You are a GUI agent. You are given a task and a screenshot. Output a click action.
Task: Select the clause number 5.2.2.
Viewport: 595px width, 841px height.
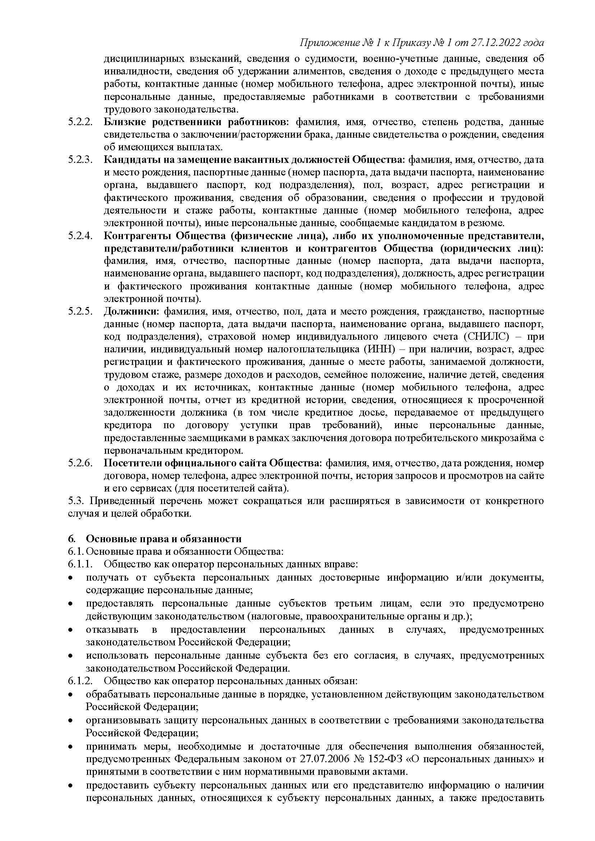click(x=79, y=122)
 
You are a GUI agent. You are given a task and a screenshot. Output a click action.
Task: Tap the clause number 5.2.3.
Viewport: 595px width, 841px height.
click(x=79, y=160)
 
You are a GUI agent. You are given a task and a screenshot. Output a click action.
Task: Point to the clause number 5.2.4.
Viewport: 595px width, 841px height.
click(x=79, y=236)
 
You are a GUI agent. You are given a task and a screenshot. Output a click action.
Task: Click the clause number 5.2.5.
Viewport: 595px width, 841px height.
click(x=79, y=311)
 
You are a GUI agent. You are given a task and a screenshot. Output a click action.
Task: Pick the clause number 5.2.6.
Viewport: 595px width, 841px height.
click(x=79, y=463)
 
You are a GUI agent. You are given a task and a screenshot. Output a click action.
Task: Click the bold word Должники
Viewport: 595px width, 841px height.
click(x=131, y=311)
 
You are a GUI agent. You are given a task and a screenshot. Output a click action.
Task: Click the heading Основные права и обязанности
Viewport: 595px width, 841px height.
click(x=164, y=539)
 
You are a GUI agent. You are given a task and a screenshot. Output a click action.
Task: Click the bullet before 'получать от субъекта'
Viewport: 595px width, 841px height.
click(x=70, y=578)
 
